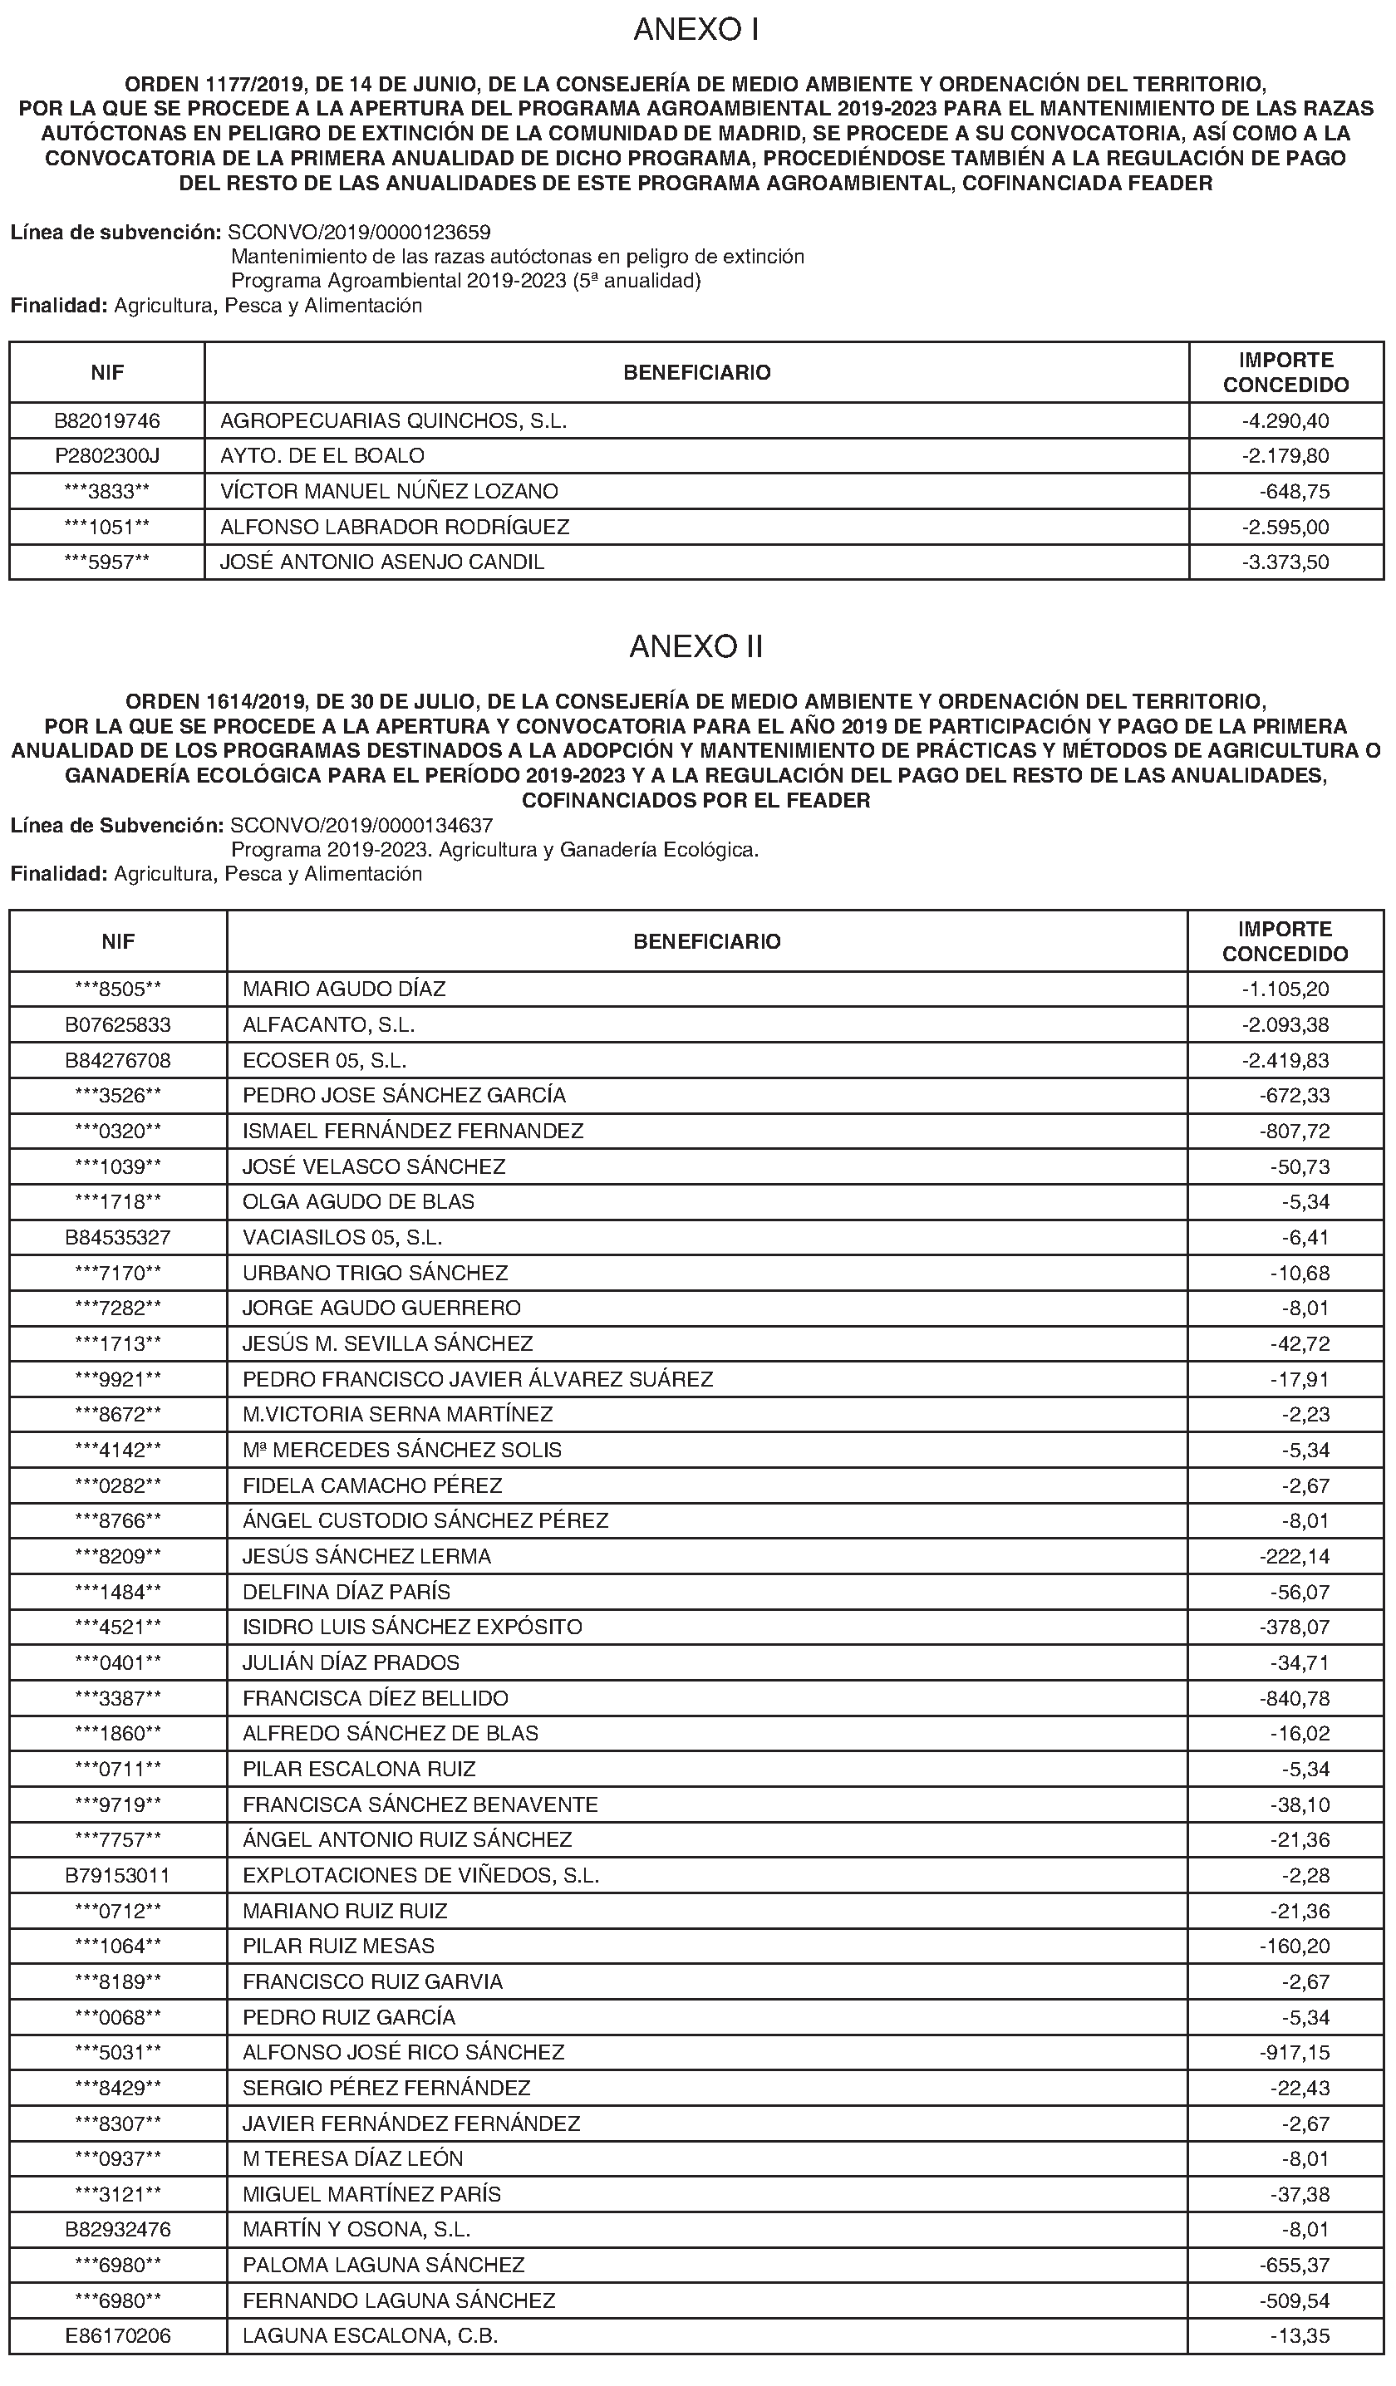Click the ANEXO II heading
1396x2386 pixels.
(696, 646)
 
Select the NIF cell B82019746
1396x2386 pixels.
(107, 420)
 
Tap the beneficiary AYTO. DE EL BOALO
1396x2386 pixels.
(322, 455)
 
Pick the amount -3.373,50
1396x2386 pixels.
(1285, 562)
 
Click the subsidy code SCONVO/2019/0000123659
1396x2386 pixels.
(360, 232)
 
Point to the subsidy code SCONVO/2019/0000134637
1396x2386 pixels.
(361, 825)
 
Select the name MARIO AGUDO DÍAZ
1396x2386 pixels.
(344, 989)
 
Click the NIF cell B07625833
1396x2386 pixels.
(117, 1024)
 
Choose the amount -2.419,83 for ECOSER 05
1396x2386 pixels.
(1285, 1059)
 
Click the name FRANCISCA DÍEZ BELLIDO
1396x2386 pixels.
(375, 1697)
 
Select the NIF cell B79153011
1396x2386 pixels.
(117, 1875)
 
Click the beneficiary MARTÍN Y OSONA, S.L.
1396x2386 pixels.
(356, 2229)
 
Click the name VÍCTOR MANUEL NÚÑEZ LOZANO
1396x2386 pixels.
(388, 490)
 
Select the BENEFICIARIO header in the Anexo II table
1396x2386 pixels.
(706, 941)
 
